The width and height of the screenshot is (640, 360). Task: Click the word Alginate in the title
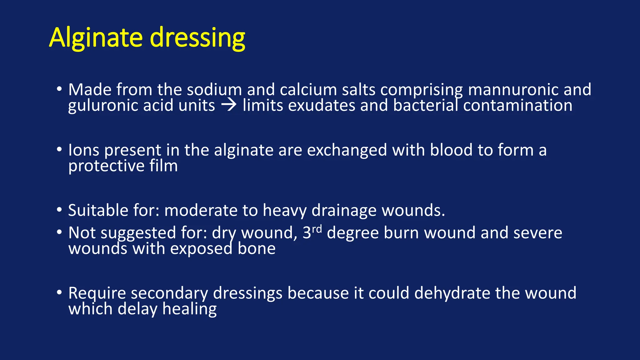(x=96, y=38)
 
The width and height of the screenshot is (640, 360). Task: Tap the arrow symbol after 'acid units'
(x=229, y=105)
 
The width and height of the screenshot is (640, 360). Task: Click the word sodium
(x=214, y=90)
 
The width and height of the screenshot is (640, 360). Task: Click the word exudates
(x=322, y=105)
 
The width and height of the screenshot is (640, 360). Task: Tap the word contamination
(x=517, y=105)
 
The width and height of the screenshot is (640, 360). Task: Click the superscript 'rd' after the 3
(x=317, y=229)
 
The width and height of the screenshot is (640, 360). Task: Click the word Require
(x=97, y=293)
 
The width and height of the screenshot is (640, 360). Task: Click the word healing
(x=189, y=309)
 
